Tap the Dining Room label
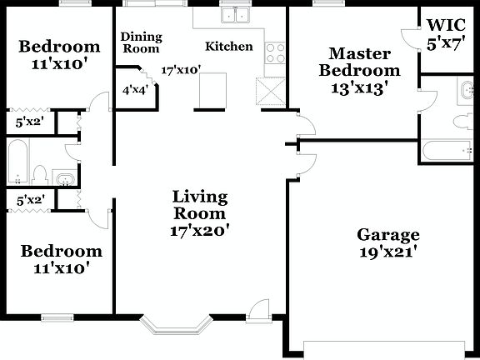coord(141,42)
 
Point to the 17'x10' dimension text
coord(181,70)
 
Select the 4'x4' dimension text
coord(135,90)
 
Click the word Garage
coord(387,234)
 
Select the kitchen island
coord(212,91)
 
